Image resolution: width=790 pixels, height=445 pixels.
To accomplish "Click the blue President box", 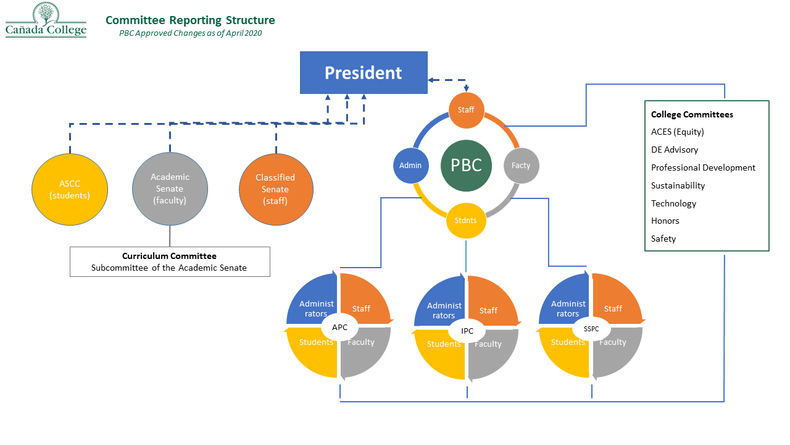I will point(364,73).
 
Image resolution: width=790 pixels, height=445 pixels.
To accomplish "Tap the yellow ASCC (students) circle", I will point(70,190).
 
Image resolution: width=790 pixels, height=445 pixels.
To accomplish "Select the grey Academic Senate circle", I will point(170,189).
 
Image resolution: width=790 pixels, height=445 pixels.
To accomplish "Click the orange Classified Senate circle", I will point(276,189).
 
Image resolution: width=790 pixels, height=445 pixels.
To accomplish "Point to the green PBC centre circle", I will point(466,165).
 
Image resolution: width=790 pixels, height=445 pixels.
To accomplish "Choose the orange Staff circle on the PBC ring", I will point(466,110).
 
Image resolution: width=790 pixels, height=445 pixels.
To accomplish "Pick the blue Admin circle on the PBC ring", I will point(410,166).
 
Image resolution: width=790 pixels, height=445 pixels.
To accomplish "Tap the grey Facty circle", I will point(522,165).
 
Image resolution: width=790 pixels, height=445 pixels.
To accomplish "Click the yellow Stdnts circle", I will point(466,220).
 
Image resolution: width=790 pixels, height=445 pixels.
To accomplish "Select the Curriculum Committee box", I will point(170,261).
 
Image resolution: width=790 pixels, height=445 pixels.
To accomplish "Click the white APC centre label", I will point(340,328).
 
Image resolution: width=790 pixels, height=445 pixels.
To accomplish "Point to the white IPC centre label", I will point(467,331).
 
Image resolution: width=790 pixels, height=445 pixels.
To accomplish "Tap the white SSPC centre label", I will point(591,329).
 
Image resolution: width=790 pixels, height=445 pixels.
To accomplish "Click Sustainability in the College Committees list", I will point(678,185).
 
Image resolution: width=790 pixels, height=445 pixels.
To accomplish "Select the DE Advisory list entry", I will point(675,150).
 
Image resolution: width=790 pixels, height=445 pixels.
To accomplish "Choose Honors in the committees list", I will point(665,221).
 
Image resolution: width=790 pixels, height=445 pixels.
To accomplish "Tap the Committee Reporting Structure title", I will point(190,20).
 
